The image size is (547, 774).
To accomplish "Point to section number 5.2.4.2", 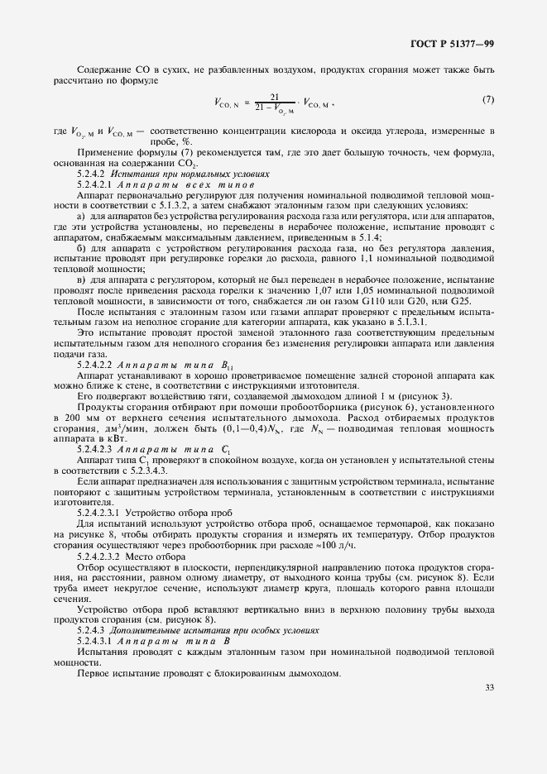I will coord(93,175).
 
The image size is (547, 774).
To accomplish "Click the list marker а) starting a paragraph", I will coord(81,215).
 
